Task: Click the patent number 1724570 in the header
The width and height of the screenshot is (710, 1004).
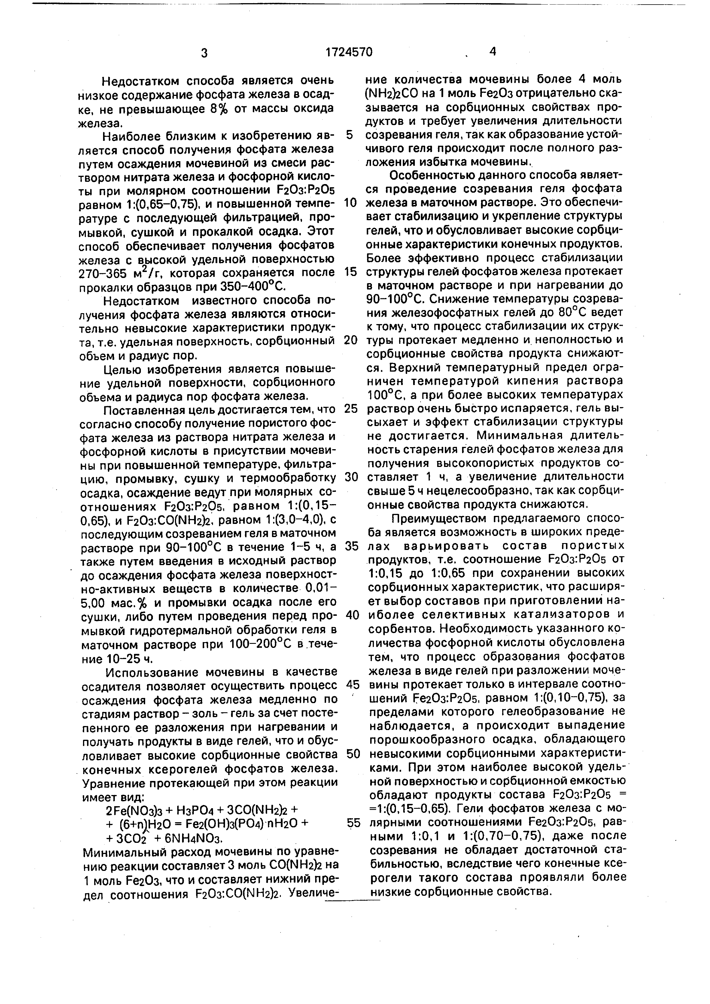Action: click(x=349, y=52)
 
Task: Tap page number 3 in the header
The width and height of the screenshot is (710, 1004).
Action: click(x=204, y=53)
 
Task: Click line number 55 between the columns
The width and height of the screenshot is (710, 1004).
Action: click(x=353, y=823)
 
